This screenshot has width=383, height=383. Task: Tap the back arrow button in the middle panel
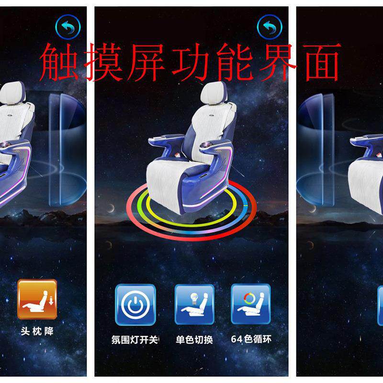pyautogui.click(x=270, y=27)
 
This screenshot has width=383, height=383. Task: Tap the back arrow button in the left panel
pyautogui.click(x=68, y=27)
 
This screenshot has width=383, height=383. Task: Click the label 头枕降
pyautogui.click(x=37, y=331)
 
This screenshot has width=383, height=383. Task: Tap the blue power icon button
pyautogui.click(x=135, y=304)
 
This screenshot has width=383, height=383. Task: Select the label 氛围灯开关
pyautogui.click(x=135, y=339)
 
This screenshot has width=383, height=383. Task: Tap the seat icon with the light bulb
pyautogui.click(x=194, y=304)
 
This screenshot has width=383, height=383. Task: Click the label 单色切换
pyautogui.click(x=194, y=339)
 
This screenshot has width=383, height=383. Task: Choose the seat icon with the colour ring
pyautogui.click(x=251, y=304)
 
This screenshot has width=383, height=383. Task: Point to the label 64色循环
pyautogui.click(x=251, y=339)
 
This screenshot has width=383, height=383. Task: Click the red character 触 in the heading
pyautogui.click(x=59, y=62)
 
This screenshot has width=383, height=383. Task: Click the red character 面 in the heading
pyautogui.click(x=322, y=62)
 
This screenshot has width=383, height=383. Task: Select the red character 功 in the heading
pyautogui.click(x=191, y=62)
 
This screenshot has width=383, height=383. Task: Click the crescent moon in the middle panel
pyautogui.click(x=111, y=208)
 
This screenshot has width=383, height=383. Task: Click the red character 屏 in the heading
pyautogui.click(x=146, y=62)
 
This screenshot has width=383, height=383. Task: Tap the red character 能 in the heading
pyautogui.click(x=235, y=62)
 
